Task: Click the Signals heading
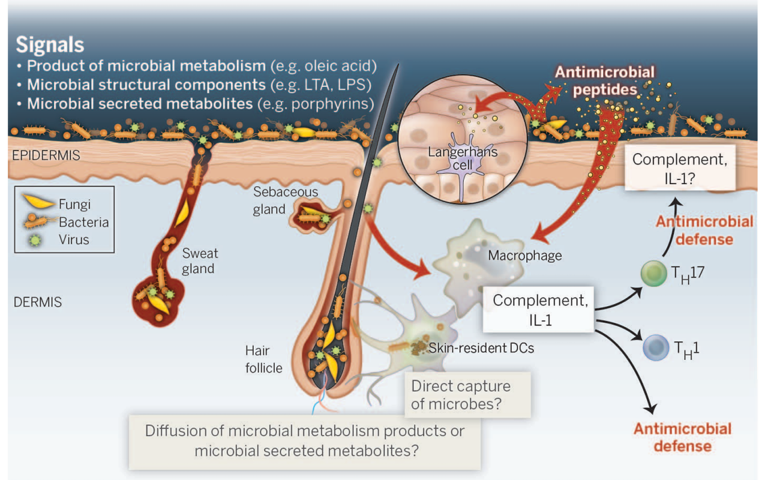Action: [x=50, y=45]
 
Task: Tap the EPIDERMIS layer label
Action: [x=46, y=155]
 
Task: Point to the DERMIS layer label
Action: [x=37, y=302]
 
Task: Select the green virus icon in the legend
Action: [x=35, y=240]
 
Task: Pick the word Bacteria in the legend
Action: [x=83, y=222]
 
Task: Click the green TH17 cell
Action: [x=653, y=274]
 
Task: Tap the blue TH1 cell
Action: [x=656, y=347]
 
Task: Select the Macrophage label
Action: [x=524, y=256]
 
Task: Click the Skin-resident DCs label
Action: [x=481, y=348]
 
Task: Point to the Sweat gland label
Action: [x=200, y=261]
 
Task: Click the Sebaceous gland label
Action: [x=286, y=200]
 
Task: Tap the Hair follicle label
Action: [x=263, y=359]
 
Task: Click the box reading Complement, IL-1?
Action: [x=680, y=167]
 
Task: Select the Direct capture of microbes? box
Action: [x=467, y=395]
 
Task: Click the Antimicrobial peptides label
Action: [x=605, y=81]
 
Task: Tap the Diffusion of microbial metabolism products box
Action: [x=305, y=442]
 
